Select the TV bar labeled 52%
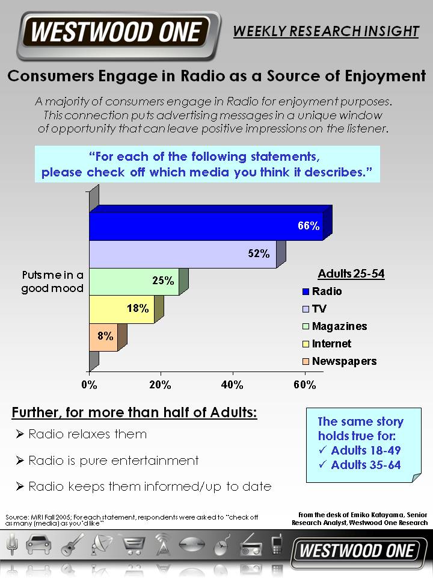tap(183, 254)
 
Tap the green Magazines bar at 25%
tap(134, 282)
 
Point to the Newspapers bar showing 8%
tap(103, 337)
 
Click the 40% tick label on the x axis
tap(232, 385)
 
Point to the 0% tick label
tap(89, 385)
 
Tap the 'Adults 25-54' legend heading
tap(351, 275)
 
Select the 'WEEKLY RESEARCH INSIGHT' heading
tap(326, 31)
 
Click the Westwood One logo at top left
tap(117, 33)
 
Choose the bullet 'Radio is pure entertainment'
tap(113, 461)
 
